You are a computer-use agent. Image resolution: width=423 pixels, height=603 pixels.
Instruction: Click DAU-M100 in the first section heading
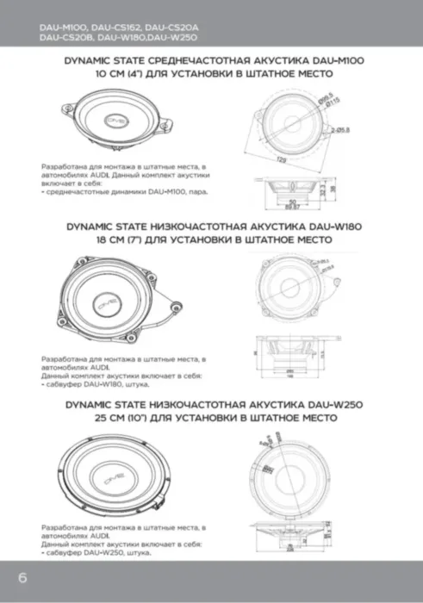coord(333,63)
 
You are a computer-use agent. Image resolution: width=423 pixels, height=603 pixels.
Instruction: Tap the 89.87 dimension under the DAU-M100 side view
coord(294,207)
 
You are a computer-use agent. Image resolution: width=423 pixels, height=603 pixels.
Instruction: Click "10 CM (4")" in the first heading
coord(118,75)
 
